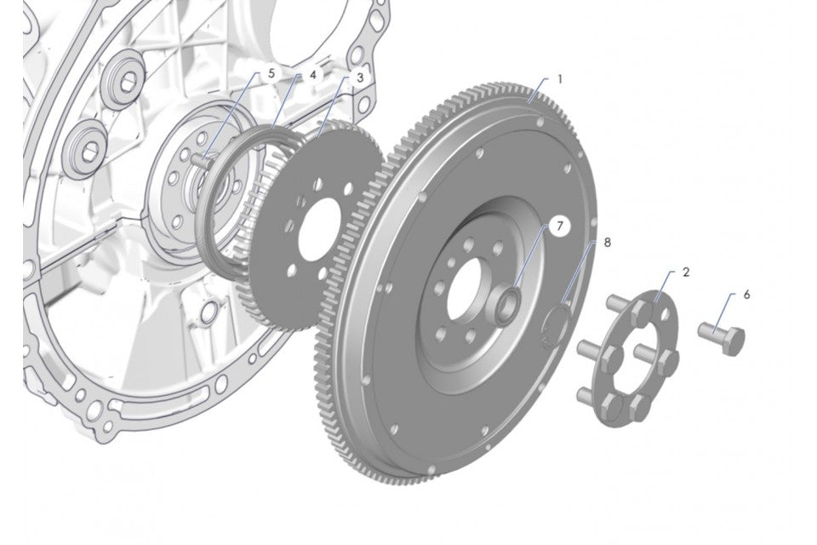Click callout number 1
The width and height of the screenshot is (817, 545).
pos(559,78)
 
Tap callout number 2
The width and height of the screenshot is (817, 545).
pos(686,272)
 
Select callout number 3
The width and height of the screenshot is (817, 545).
pos(360,77)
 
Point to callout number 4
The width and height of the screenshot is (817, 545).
pos(313,74)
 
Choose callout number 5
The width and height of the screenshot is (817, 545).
pos(271,73)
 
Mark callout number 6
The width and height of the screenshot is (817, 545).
pos(746,295)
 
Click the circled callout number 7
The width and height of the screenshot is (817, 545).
pos(560,227)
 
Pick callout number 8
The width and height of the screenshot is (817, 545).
pos(607,243)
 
